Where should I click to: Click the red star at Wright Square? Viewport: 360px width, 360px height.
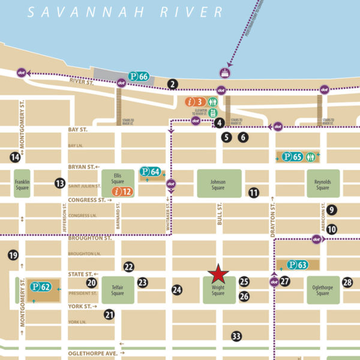point(218,274)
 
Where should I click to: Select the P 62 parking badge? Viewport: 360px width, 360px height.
point(41,287)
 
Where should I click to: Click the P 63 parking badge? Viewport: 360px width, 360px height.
point(297,265)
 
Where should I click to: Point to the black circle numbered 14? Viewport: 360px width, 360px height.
point(15,157)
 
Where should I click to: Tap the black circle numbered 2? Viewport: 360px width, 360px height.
point(173,84)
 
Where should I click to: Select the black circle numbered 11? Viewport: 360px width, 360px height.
point(254,193)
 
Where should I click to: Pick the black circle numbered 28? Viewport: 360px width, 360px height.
point(347,283)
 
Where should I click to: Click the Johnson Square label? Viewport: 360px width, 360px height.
point(218,184)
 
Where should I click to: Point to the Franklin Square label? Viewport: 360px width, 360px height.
point(22,184)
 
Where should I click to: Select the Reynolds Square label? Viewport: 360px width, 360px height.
point(323,184)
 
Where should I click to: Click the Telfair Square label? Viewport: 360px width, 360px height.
point(117,290)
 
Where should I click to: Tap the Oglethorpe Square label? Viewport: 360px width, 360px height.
point(323,290)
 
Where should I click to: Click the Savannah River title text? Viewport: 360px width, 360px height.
point(125,11)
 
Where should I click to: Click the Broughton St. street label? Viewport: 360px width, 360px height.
point(90,238)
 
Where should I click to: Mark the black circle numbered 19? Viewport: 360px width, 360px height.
point(13,256)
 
